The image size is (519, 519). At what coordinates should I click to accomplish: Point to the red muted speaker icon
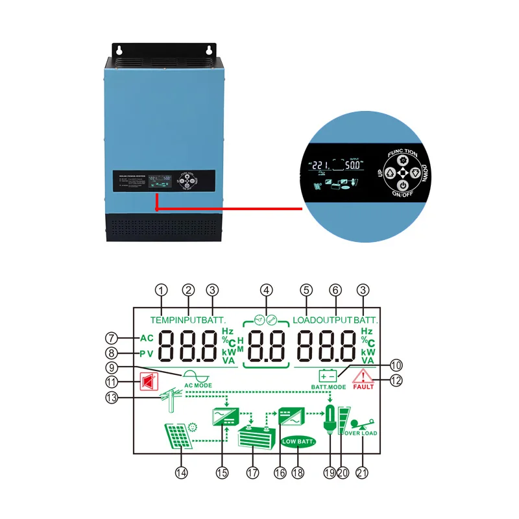[147, 383]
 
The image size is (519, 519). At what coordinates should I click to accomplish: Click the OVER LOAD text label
[361, 433]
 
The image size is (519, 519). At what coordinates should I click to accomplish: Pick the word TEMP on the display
[162, 320]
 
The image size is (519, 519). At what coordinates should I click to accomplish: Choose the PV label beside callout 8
[146, 354]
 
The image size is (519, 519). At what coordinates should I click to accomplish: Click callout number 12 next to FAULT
[395, 380]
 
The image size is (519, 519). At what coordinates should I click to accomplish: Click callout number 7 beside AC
[112, 338]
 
